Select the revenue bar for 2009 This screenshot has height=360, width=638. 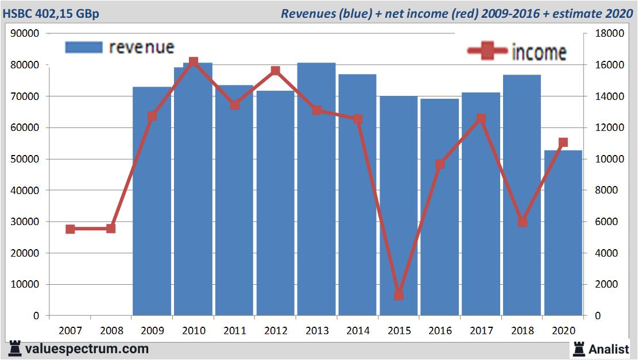(x=152, y=201)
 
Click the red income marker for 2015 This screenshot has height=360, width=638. (x=399, y=295)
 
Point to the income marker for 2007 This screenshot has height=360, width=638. (x=70, y=229)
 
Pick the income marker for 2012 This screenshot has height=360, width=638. (x=275, y=71)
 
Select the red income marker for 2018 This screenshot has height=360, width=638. (x=522, y=222)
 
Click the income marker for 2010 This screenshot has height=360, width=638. (x=194, y=61)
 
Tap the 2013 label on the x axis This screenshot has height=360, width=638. (x=316, y=331)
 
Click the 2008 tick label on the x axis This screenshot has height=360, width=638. (x=111, y=331)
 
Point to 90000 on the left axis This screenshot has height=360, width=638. (x=25, y=34)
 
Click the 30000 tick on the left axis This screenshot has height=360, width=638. (x=25, y=222)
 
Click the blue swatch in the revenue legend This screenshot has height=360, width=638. (x=84, y=47)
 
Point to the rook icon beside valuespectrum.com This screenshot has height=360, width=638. (x=15, y=349)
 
